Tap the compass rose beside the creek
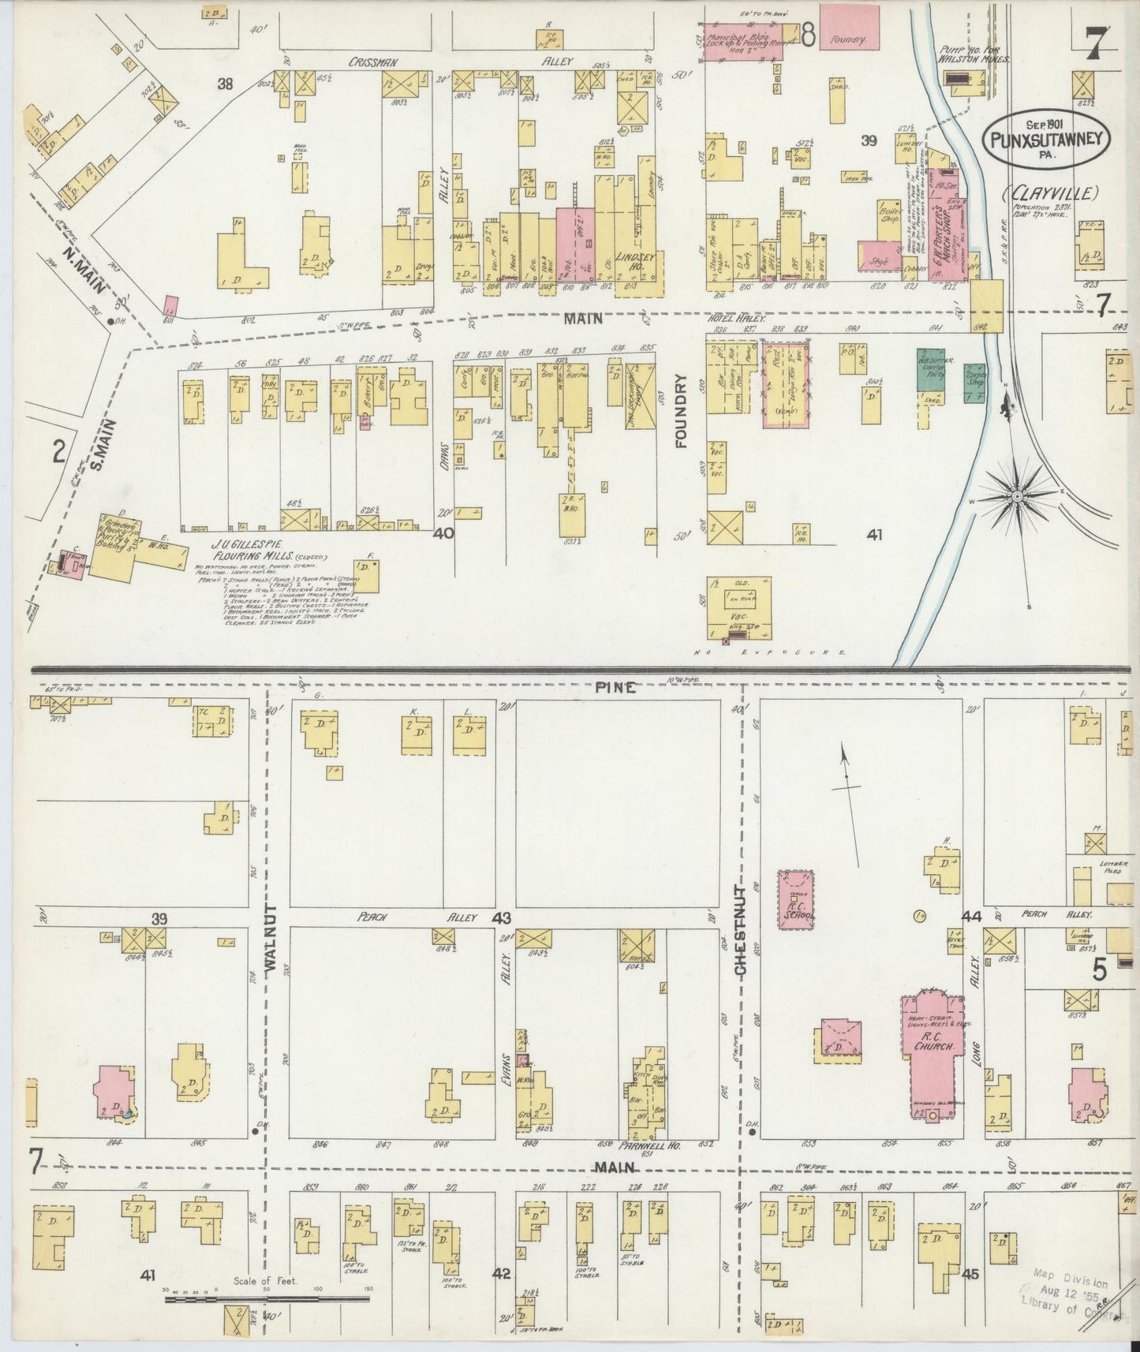(1018, 495)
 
